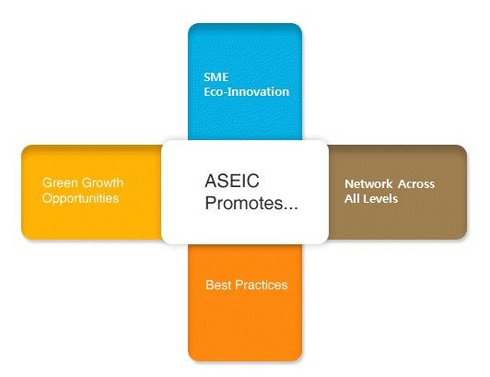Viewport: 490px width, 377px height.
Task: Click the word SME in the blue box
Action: tap(216, 77)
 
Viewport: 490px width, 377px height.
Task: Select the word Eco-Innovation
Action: tap(246, 91)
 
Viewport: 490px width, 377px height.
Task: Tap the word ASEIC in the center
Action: tap(232, 181)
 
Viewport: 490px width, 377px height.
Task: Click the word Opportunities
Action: tap(81, 198)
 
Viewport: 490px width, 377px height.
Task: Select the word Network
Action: tap(368, 184)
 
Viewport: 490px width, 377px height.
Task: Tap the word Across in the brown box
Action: tap(416, 184)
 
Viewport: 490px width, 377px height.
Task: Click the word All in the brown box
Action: tap(351, 199)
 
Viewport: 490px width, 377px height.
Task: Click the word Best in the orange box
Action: tap(218, 285)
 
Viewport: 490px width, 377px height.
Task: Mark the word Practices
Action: tap(261, 285)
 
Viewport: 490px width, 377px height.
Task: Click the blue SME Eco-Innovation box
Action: tap(245, 81)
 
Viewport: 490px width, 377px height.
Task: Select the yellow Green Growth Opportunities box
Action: tap(91, 193)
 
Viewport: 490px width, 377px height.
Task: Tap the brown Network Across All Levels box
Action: tap(398, 192)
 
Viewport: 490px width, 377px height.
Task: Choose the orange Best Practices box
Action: tap(245, 303)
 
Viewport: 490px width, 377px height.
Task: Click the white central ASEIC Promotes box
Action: tap(245, 192)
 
